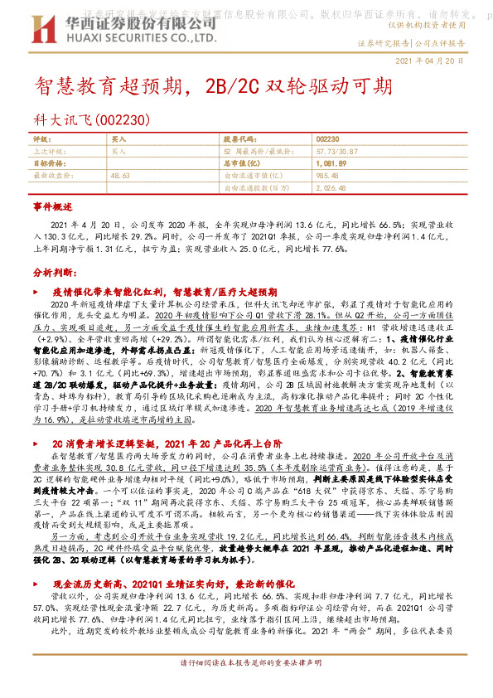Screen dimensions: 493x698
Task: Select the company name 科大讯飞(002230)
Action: pyautogui.click(x=91, y=120)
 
